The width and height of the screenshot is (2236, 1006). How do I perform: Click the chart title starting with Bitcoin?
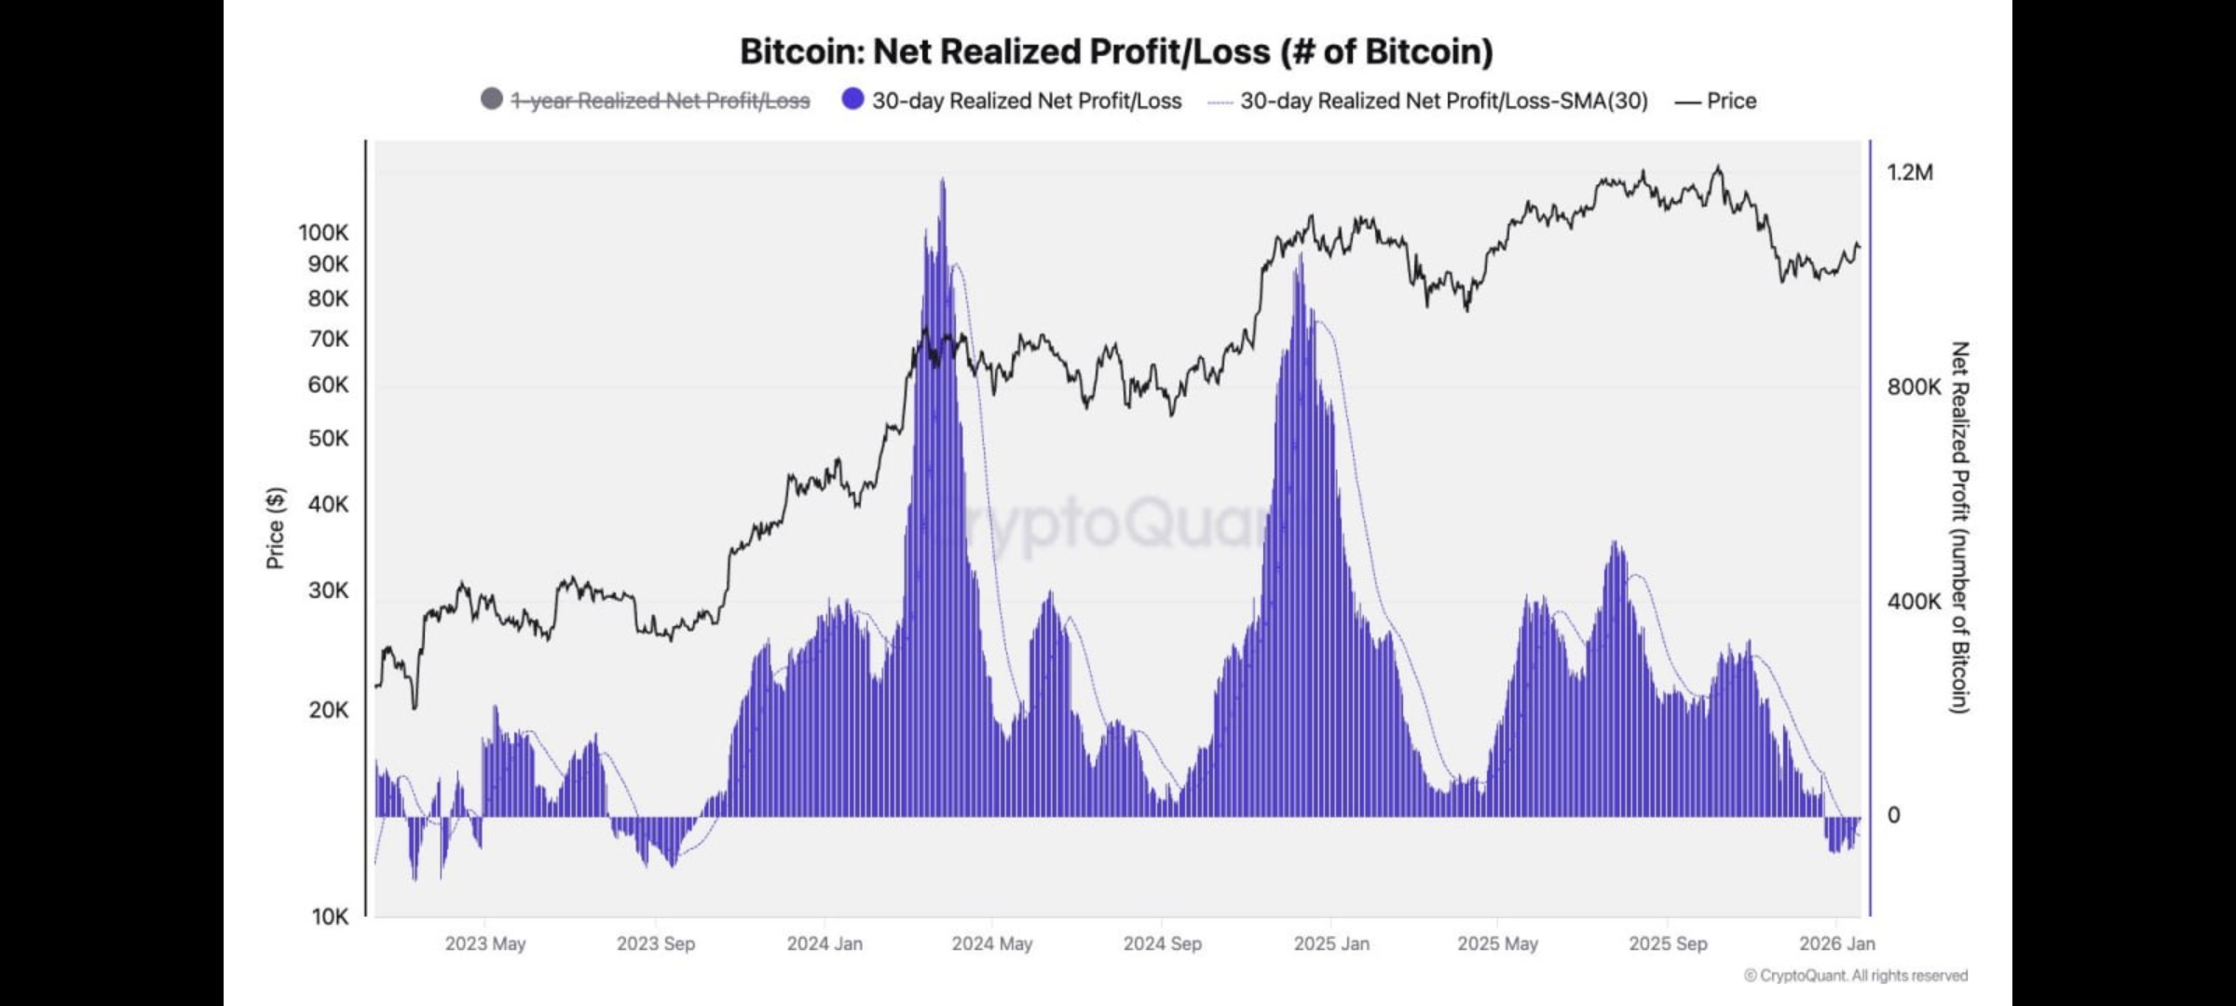click(1116, 51)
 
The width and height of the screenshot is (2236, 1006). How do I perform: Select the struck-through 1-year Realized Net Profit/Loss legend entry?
click(661, 101)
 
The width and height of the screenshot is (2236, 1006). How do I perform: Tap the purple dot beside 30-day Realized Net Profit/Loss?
click(852, 99)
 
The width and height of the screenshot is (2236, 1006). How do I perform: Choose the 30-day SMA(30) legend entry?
click(1443, 101)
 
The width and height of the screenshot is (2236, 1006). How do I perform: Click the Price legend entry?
click(1731, 101)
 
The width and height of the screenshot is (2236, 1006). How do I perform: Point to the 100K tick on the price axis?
click(323, 233)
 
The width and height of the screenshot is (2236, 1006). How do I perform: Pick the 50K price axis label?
click(328, 438)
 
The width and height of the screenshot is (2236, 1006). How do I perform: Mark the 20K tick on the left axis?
click(328, 710)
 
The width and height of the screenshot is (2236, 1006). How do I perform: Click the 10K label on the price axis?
click(329, 917)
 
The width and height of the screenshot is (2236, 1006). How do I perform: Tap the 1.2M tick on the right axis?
click(1910, 172)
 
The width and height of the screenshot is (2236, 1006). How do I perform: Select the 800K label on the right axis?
click(1914, 387)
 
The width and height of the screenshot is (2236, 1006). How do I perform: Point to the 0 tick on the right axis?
click(1893, 815)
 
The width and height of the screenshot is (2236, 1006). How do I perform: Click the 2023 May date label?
click(485, 944)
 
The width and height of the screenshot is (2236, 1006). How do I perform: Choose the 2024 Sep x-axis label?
click(1163, 944)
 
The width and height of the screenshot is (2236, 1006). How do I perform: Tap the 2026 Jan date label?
click(1837, 944)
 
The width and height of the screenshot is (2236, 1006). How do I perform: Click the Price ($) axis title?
click(275, 527)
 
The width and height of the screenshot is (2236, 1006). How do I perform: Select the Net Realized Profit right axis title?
click(1960, 527)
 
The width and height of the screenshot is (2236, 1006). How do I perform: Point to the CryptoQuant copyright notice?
click(1856, 975)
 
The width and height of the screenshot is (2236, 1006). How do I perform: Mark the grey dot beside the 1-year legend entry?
click(492, 99)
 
